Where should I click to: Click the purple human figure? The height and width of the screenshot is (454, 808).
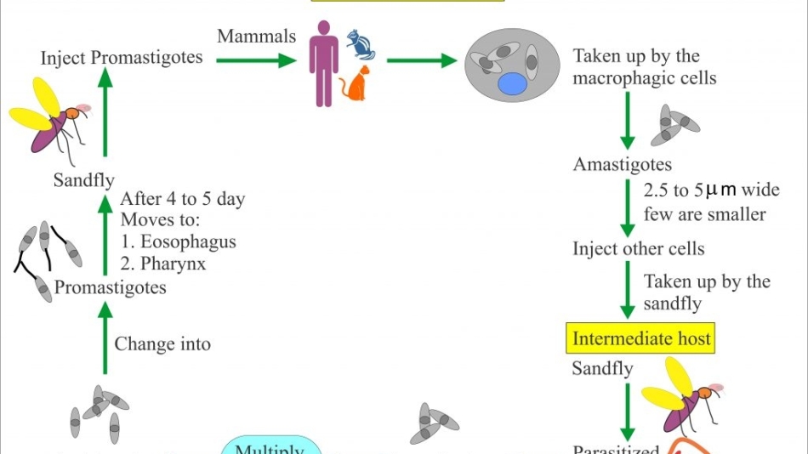[x=323, y=64]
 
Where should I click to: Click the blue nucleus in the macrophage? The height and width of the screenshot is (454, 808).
[x=512, y=83]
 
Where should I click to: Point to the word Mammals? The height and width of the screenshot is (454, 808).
[x=257, y=37]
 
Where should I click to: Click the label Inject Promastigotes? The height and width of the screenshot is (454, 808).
[x=122, y=58]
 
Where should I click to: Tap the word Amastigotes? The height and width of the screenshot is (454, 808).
[x=623, y=164]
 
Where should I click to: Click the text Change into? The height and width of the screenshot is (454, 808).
[x=162, y=344]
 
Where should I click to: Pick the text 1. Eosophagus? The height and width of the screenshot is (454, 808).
[x=178, y=241]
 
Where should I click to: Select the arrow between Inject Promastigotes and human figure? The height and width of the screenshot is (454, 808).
[x=255, y=60]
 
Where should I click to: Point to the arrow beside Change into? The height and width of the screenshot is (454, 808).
[x=105, y=340]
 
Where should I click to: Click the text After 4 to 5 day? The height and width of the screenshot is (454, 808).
[x=182, y=200]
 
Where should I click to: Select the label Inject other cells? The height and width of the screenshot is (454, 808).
[x=639, y=249]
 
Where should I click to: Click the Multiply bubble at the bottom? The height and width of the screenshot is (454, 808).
[x=270, y=446]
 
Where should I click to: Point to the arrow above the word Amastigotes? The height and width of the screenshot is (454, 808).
[x=628, y=119]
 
